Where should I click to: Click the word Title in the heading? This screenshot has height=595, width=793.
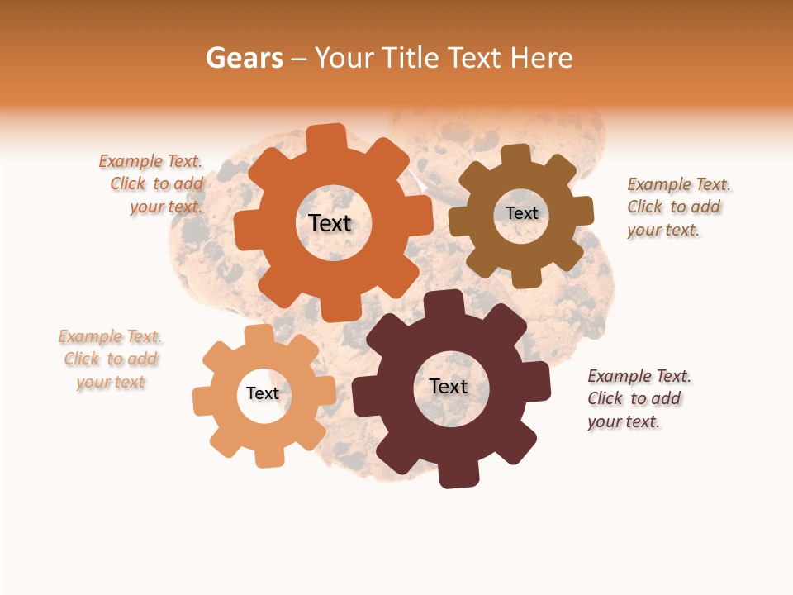pyautogui.click(x=413, y=58)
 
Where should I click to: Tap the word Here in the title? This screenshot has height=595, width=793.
pyautogui.click(x=542, y=58)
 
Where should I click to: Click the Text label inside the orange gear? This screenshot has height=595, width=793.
pyautogui.click(x=330, y=223)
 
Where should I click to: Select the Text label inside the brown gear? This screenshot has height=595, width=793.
pyautogui.click(x=521, y=213)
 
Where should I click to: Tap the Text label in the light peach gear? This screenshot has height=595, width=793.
pyautogui.click(x=263, y=393)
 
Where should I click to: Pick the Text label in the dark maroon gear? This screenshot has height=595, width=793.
pyautogui.click(x=449, y=386)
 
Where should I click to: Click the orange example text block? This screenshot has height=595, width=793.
pyautogui.click(x=154, y=184)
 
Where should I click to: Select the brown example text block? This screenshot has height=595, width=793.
pyautogui.click(x=678, y=207)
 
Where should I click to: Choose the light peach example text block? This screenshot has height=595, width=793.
pyautogui.click(x=110, y=359)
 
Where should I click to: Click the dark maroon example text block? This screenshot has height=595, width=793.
pyautogui.click(x=639, y=399)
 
